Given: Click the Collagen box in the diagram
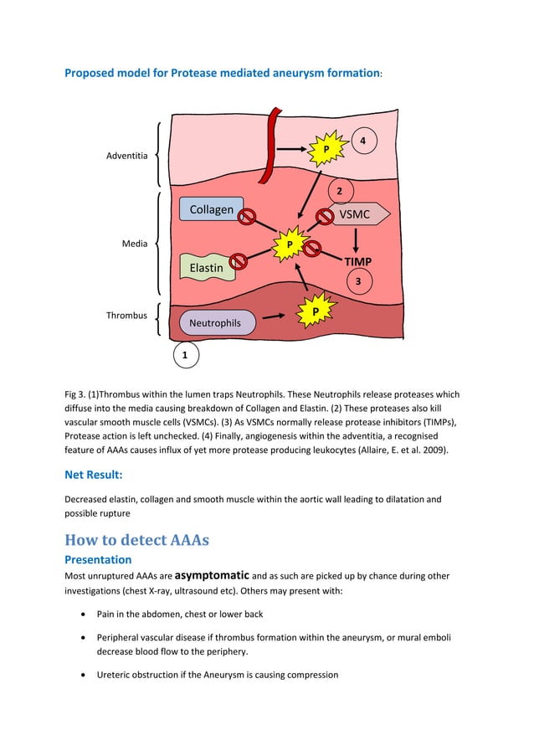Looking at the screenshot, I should [x=211, y=209].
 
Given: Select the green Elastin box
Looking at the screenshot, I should [x=206, y=267].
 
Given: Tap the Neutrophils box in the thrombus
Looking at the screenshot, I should [x=215, y=322].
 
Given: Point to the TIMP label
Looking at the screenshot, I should [x=358, y=262].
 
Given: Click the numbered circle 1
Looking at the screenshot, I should [x=186, y=356].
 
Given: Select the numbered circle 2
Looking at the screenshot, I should [x=339, y=192].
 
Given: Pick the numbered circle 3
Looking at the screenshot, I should [x=358, y=282].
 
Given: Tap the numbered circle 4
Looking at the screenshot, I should [x=362, y=141].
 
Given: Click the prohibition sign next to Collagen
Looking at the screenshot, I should [x=247, y=218].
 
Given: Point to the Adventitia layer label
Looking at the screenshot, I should [x=128, y=156].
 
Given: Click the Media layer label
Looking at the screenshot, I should [x=136, y=244].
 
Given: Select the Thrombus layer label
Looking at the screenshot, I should [x=126, y=316].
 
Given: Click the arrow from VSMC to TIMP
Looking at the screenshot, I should [x=357, y=239].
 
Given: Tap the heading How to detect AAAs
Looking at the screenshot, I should [x=136, y=539].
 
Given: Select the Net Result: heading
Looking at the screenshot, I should [x=94, y=475].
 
